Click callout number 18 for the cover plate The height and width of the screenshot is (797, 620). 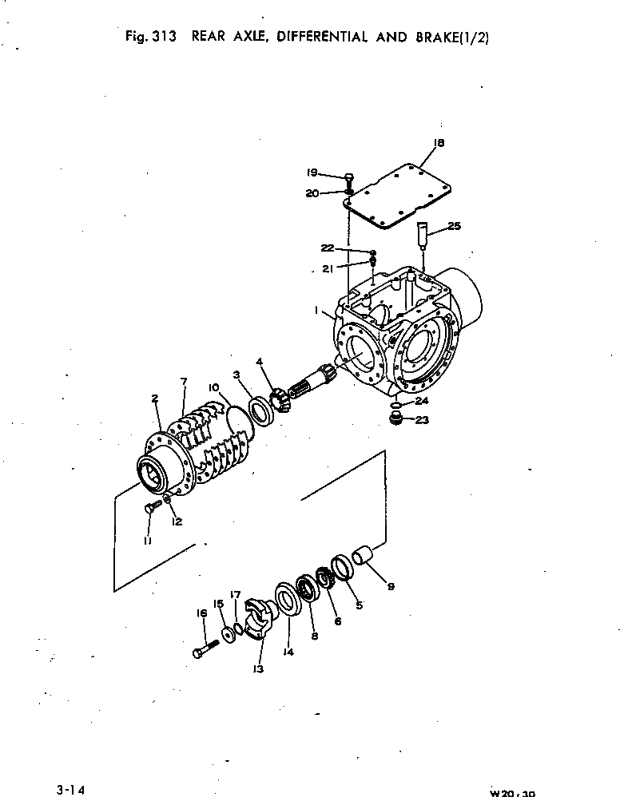tap(437, 143)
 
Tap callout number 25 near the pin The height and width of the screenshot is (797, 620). tap(453, 226)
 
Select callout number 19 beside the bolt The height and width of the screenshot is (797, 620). tap(312, 172)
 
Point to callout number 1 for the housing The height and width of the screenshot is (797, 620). tap(317, 308)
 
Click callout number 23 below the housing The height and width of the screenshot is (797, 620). tap(422, 420)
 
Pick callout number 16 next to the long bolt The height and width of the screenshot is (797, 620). tap(201, 613)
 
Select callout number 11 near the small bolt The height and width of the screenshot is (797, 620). tap(148, 541)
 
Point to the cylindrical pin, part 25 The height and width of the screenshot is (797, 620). tap(423, 236)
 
